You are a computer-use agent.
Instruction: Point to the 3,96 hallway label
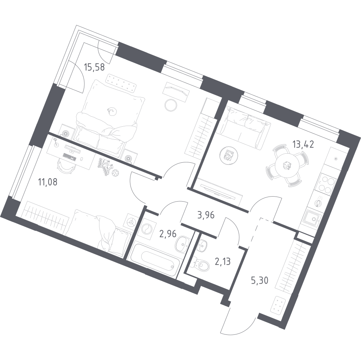(206, 215)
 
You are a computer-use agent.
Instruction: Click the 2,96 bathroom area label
(168, 234)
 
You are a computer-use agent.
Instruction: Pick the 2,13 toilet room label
(222, 262)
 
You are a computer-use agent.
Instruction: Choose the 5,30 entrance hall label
(260, 280)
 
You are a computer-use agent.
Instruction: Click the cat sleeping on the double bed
(112, 111)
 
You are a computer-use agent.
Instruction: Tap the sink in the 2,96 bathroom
(183, 244)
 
